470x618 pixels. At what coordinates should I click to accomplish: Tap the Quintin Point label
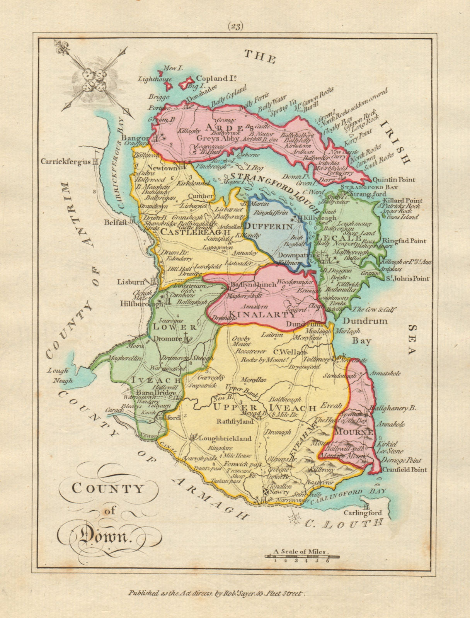(393, 180)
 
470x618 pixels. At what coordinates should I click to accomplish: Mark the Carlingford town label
(363, 513)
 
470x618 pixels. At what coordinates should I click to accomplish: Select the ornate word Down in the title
(101, 536)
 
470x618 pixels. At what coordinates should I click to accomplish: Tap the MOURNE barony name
(353, 431)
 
